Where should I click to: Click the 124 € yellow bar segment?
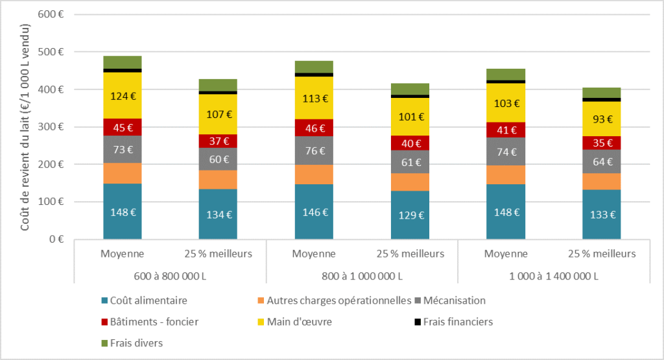point(123,96)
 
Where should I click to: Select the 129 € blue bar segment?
point(410,215)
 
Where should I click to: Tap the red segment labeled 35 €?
point(602,143)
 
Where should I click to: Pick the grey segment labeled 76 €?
point(314,150)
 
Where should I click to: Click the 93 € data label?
point(602,119)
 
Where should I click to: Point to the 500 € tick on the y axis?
point(51,52)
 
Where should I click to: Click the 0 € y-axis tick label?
point(56,239)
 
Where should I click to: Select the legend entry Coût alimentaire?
point(145,301)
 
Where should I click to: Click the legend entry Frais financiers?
point(453,322)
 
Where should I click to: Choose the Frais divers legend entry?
point(132,343)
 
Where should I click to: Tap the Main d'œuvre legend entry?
point(295,322)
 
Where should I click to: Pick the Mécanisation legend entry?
point(450,301)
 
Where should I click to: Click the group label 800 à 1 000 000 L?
point(362,276)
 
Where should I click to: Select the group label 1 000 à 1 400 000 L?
point(554,276)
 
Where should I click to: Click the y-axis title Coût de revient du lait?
point(25,127)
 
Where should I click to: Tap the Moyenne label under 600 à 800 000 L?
point(123,254)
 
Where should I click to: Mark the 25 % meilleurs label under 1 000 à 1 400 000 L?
point(602,254)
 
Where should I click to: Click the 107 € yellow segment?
point(218,114)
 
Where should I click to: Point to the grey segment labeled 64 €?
point(602,162)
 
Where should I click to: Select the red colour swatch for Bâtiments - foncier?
point(104,322)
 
